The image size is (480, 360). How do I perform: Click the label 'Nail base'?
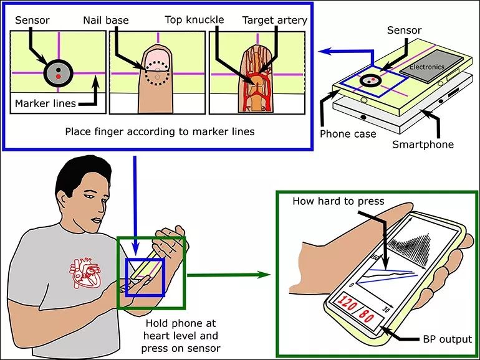click(x=105, y=20)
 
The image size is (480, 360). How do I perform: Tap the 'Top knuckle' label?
click(x=194, y=20)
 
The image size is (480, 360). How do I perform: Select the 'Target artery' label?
click(x=275, y=20)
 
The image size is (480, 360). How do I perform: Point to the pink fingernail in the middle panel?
click(x=157, y=59)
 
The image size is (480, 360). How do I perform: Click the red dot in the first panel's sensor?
click(x=57, y=75)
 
